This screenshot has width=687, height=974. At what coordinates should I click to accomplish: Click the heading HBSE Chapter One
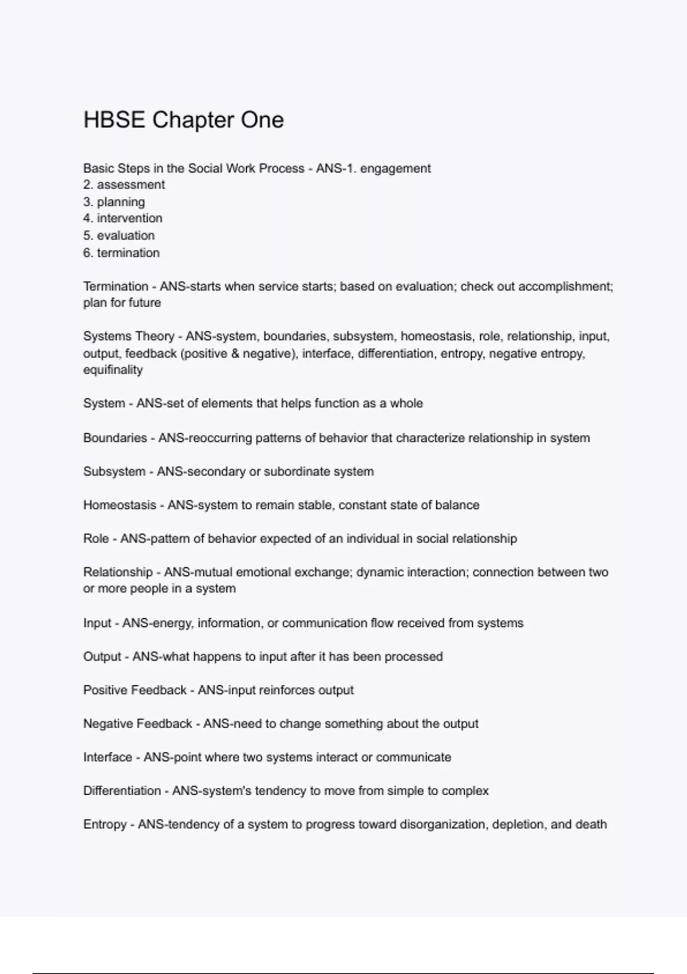click(183, 120)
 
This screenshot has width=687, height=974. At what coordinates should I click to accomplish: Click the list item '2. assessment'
click(124, 185)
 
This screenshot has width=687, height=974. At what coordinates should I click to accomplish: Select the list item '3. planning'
click(114, 202)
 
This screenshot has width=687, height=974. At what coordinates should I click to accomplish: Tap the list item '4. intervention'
click(123, 218)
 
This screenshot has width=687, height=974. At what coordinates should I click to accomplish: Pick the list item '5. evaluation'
click(119, 235)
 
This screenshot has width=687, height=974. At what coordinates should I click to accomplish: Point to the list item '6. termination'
click(121, 253)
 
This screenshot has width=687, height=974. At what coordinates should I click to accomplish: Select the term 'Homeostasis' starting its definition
click(120, 505)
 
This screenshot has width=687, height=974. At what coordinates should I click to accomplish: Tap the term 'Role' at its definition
click(96, 539)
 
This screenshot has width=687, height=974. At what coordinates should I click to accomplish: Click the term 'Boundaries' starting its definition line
click(115, 438)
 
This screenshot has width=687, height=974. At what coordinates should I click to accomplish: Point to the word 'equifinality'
click(113, 370)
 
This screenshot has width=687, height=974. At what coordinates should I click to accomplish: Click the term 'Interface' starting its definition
click(108, 757)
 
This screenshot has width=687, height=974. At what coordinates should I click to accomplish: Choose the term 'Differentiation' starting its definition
click(122, 791)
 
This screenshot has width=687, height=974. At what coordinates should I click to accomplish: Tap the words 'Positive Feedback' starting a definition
click(135, 690)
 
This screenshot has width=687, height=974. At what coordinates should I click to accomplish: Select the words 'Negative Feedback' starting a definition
click(137, 724)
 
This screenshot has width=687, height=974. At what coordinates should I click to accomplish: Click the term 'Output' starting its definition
click(102, 657)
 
